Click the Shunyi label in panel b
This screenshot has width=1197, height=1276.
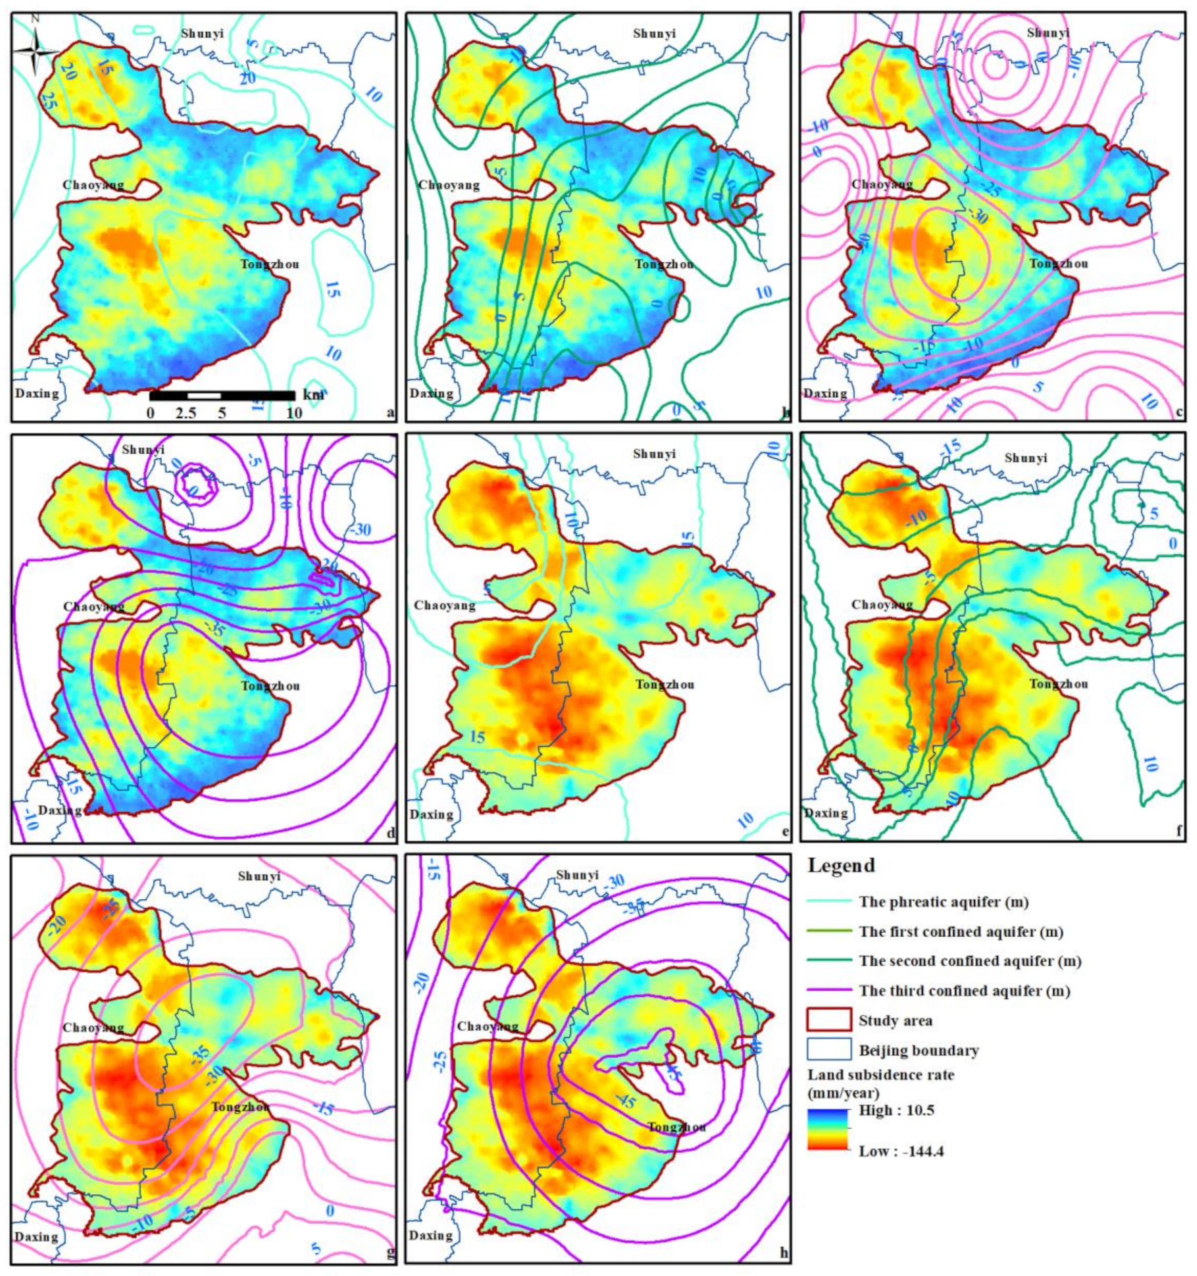point(654,34)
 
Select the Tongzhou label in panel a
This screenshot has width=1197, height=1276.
point(270,264)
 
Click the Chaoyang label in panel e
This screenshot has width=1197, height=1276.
point(444,605)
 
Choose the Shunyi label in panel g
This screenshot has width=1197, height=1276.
point(259,876)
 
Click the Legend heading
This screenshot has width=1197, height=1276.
point(841,865)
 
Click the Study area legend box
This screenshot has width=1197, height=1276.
point(829,1020)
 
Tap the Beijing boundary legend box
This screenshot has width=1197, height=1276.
point(829,1051)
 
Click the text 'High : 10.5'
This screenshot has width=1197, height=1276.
point(896,1110)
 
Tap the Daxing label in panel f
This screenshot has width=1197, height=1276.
point(826,813)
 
